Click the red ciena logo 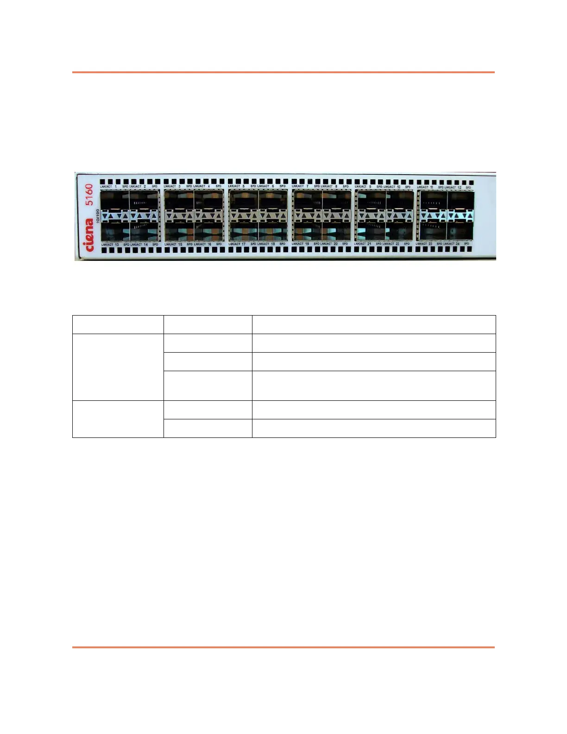tap(89, 235)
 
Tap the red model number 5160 tap(89, 194)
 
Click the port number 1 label tap(116, 187)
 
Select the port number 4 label tap(208, 187)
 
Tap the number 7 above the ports tap(307, 187)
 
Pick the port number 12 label tap(460, 187)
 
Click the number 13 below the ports tap(117, 244)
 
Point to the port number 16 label tap(209, 244)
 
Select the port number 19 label tap(307, 244)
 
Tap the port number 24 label tap(457, 244)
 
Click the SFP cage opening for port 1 tap(114, 200)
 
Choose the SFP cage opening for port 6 tap(272, 200)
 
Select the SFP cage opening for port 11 tap(433, 200)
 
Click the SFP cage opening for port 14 tap(144, 231)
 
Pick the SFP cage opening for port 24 tap(460, 231)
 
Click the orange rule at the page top tap(283, 72)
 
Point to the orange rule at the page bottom tap(283, 647)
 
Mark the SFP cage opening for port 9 tap(370, 200)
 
